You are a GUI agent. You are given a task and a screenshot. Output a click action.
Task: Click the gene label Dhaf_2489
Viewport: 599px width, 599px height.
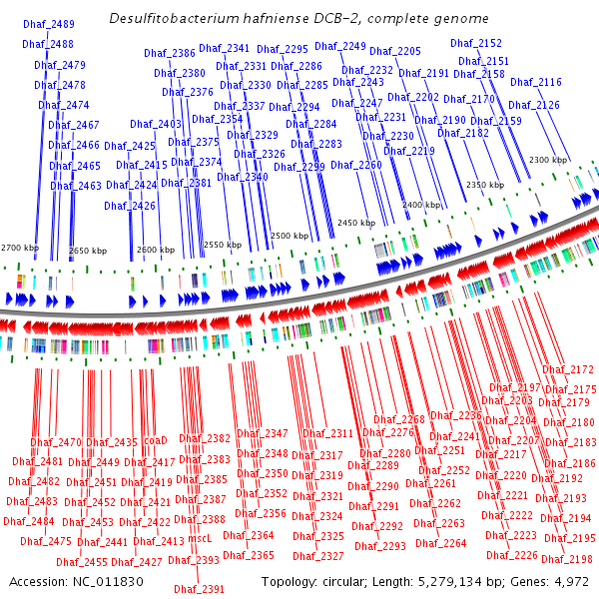[x=48, y=24]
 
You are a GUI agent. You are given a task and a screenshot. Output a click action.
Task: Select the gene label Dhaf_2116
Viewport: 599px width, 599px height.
[x=535, y=82]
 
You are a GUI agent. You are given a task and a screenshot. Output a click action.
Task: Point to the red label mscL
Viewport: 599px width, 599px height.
[x=201, y=537]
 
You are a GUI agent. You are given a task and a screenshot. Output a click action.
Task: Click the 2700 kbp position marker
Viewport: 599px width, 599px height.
[x=20, y=247]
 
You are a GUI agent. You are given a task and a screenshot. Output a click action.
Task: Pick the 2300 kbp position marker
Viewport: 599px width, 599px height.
[x=547, y=160]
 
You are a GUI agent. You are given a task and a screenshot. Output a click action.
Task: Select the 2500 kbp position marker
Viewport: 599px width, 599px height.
[x=290, y=236]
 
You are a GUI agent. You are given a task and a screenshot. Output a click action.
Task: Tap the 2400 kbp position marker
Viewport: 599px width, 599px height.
[x=420, y=205]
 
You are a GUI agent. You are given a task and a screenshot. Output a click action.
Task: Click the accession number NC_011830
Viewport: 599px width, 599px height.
[x=97, y=581]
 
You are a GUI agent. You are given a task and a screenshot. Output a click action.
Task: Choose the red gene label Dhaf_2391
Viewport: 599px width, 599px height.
[x=197, y=589]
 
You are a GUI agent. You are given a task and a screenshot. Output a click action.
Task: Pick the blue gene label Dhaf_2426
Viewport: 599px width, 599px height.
[x=130, y=206]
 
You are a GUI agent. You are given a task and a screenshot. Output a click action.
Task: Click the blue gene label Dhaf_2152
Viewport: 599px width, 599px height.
[x=476, y=43]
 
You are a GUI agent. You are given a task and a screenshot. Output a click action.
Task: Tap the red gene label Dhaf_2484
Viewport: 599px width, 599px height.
[x=28, y=520]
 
